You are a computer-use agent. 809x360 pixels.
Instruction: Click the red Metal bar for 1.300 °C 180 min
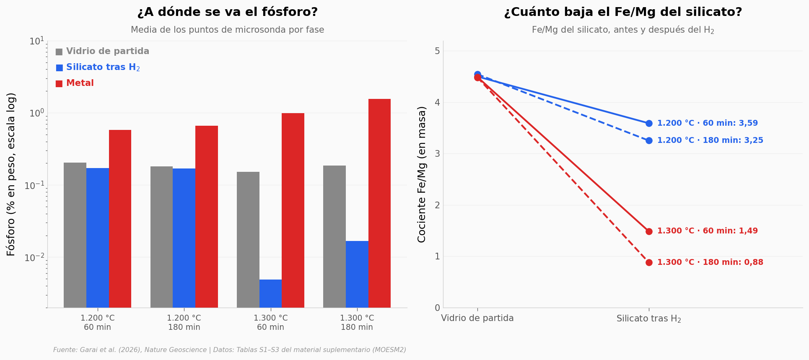pyautogui.click(x=379, y=203)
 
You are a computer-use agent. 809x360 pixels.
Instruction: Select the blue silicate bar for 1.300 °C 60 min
pyautogui.click(x=270, y=293)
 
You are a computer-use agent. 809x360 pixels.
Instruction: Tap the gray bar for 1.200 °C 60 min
pyautogui.click(x=75, y=235)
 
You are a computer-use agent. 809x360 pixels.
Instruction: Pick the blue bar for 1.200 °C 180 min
pyautogui.click(x=184, y=238)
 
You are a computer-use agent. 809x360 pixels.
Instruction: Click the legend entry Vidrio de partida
pyautogui.click(x=102, y=52)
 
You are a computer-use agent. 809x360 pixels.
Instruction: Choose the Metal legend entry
pyautogui.click(x=75, y=83)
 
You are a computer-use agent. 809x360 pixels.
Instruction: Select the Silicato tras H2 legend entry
pyautogui.click(x=98, y=67)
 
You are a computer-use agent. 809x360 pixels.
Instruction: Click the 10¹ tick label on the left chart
pyautogui.click(x=36, y=41)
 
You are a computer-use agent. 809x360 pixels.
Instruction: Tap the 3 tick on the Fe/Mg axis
pyautogui.click(x=437, y=154)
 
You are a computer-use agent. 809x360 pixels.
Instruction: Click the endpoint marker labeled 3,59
pyautogui.click(x=649, y=123)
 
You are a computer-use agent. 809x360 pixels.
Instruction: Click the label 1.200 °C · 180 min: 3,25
pyautogui.click(x=710, y=140)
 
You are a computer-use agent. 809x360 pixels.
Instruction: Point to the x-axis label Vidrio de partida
pyautogui.click(x=477, y=318)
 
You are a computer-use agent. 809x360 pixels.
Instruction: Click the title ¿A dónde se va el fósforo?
pyautogui.click(x=228, y=12)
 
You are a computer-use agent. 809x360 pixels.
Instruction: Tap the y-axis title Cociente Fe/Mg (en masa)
pyautogui.click(x=422, y=174)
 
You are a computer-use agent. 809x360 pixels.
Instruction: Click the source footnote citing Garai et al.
pyautogui.click(x=230, y=350)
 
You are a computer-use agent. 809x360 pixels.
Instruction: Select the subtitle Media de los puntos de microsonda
pyautogui.click(x=228, y=30)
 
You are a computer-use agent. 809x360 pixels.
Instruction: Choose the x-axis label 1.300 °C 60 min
pyautogui.click(x=270, y=323)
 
